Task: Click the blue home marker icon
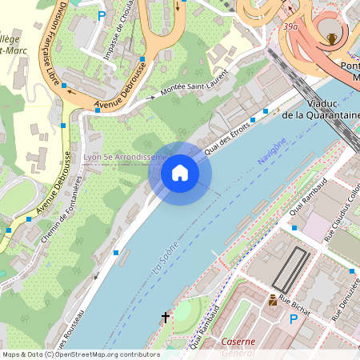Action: (x=179, y=173)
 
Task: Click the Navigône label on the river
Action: (x=271, y=151)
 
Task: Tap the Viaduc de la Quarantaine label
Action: (x=321, y=109)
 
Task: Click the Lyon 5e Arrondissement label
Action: (x=124, y=157)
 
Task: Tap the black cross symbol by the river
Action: (x=166, y=318)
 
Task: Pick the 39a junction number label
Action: (x=290, y=26)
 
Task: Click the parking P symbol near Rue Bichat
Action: (x=294, y=319)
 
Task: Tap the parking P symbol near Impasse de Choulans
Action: (x=102, y=14)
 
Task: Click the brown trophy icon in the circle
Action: (x=331, y=38)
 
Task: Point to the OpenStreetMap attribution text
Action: (x=80, y=354)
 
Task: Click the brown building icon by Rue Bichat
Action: (x=273, y=300)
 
